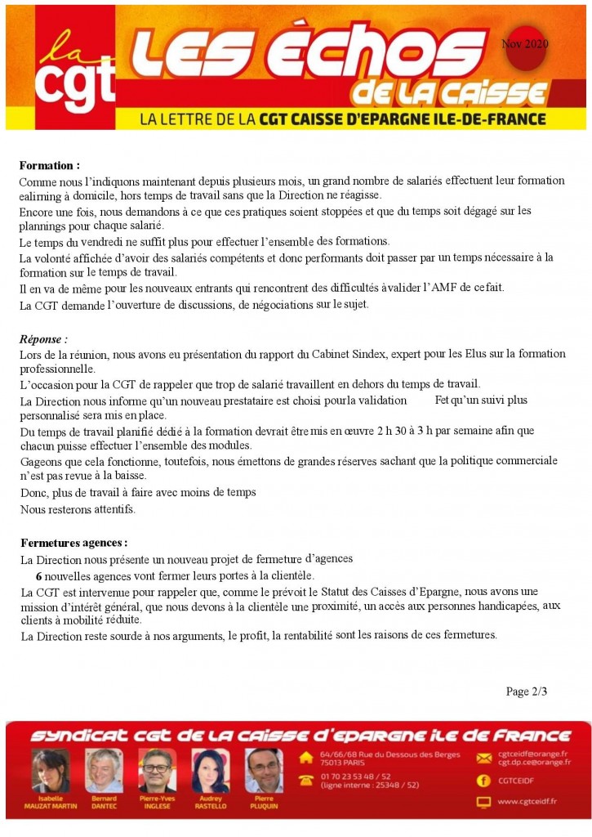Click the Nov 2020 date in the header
(x=525, y=43)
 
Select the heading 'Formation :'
(x=49, y=165)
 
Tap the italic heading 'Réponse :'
(x=43, y=338)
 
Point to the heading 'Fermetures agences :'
(x=73, y=542)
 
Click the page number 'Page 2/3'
(x=526, y=692)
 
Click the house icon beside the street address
(x=306, y=758)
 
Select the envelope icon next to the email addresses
(x=483, y=758)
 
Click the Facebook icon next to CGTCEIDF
(x=483, y=780)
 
